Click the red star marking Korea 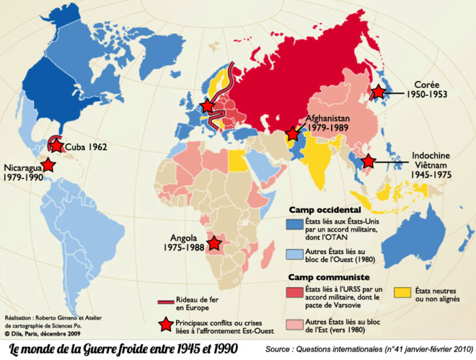point(377,92)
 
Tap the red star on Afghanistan point(293,133)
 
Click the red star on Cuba point(57,145)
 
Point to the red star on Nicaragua point(48,164)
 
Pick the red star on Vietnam point(369,162)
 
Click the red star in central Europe point(208,106)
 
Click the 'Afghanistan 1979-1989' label point(328,123)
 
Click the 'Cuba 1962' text point(86,146)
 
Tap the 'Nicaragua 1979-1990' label point(22,170)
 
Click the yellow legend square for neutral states point(405,291)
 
